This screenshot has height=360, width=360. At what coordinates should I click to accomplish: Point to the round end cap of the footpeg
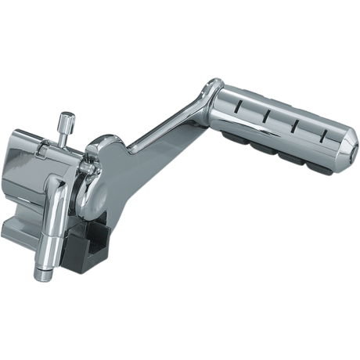tap(342, 153)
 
